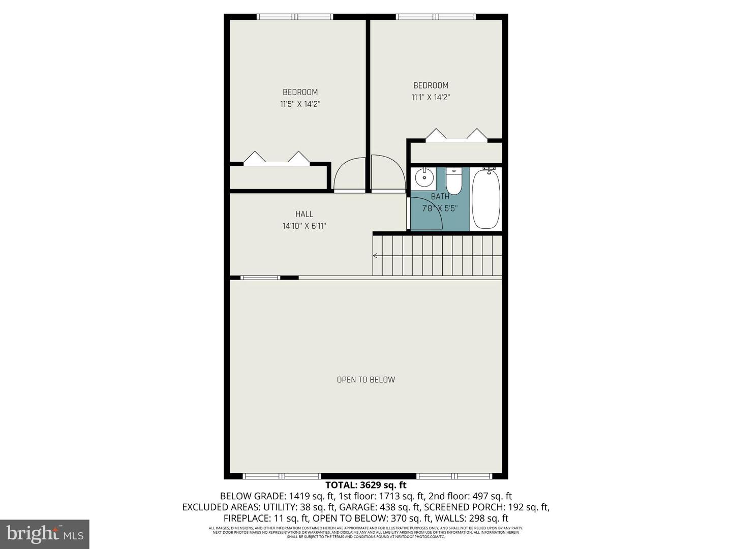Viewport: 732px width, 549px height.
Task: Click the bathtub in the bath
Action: click(x=486, y=199)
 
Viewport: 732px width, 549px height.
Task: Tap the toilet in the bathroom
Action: click(x=453, y=181)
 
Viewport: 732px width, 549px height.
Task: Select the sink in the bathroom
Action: click(x=423, y=178)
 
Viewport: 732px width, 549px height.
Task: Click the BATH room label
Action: click(x=440, y=196)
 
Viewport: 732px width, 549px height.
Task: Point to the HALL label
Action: click(x=304, y=214)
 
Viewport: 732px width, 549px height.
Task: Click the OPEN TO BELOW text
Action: click(x=366, y=380)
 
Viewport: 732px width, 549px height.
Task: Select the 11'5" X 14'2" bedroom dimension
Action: click(x=300, y=104)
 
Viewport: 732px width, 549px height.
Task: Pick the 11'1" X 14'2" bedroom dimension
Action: click(x=431, y=97)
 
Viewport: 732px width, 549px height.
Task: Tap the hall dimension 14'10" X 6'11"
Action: click(x=304, y=226)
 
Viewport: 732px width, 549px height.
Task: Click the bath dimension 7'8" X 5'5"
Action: click(x=440, y=208)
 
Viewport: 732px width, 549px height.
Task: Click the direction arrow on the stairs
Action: click(x=376, y=256)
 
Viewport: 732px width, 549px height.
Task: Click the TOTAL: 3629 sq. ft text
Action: click(x=366, y=485)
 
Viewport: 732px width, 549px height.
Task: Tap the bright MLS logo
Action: click(x=45, y=534)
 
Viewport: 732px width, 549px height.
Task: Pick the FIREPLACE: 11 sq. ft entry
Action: click(x=265, y=518)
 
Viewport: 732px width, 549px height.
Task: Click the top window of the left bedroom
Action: click(x=295, y=17)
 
